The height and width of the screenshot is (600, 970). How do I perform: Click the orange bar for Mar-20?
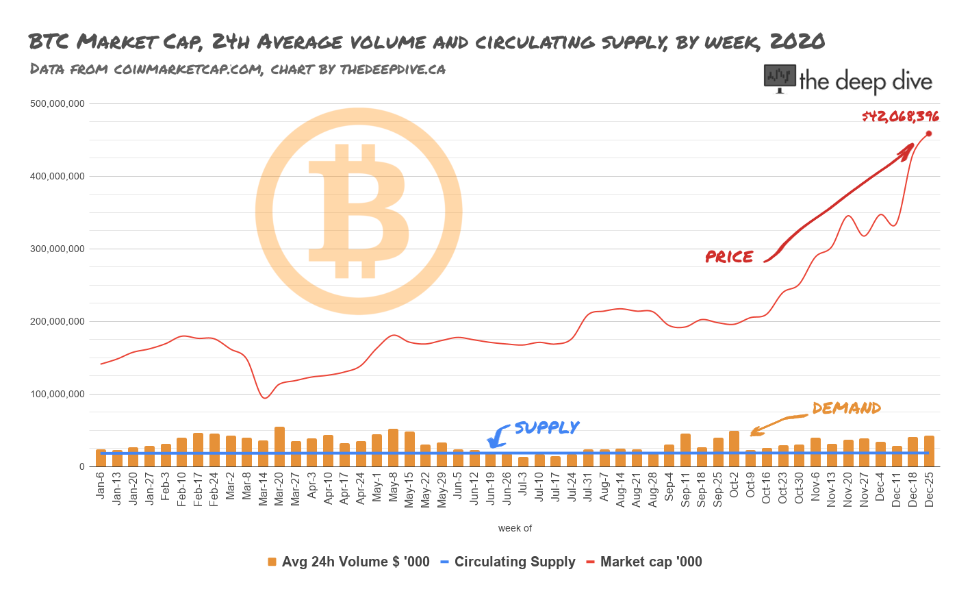click(279, 447)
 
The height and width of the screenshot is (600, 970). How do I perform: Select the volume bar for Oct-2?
click(734, 449)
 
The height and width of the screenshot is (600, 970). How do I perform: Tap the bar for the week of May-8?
click(393, 447)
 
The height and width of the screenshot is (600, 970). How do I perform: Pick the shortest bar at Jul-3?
click(523, 462)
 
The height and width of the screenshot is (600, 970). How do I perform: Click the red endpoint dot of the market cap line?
click(929, 134)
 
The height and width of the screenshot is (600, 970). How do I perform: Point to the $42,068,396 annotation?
click(900, 116)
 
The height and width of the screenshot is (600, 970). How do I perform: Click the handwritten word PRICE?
click(730, 257)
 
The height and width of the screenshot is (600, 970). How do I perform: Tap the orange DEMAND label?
click(846, 408)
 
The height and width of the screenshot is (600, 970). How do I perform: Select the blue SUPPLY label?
click(546, 427)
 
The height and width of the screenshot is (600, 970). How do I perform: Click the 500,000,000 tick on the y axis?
click(58, 104)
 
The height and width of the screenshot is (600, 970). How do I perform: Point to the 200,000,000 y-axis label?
click(58, 322)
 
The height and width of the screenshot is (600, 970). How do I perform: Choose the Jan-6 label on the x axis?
click(101, 485)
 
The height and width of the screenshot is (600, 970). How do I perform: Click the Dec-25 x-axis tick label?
click(929, 489)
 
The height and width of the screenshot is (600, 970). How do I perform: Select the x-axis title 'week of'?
click(515, 528)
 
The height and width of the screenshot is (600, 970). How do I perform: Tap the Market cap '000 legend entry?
click(650, 562)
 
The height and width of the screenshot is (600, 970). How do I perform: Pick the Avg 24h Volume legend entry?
click(355, 562)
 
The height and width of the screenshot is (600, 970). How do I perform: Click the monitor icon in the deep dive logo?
click(780, 78)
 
